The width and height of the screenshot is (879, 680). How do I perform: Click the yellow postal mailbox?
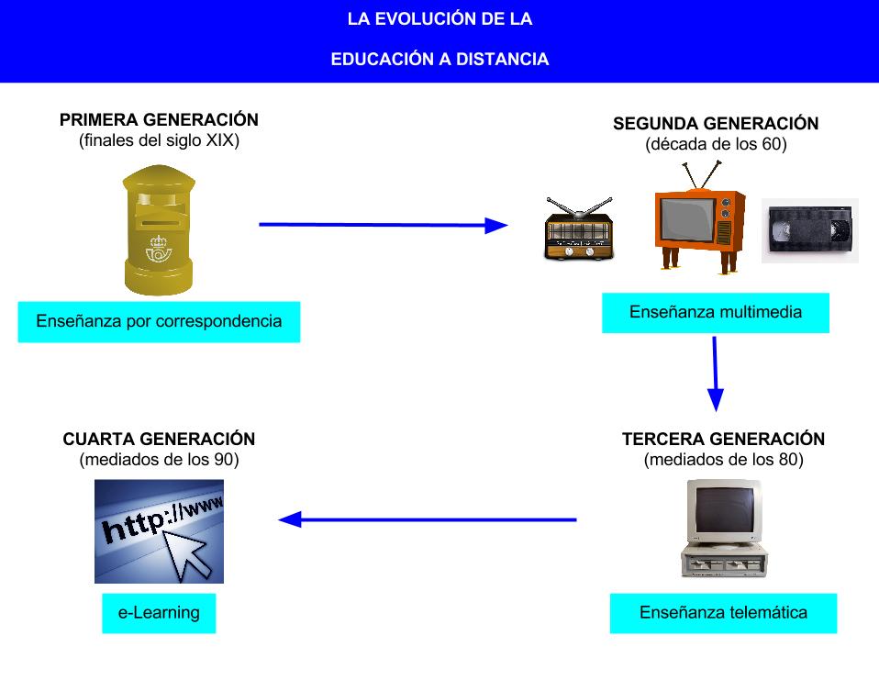[159, 231]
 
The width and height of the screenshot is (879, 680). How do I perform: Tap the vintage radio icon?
[578, 229]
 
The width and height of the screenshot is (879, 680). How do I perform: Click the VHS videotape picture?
[809, 230]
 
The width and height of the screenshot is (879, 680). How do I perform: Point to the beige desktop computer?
[723, 529]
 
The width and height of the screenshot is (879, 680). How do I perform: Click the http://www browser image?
[159, 531]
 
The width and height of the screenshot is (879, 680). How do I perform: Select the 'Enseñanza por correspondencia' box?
[159, 322]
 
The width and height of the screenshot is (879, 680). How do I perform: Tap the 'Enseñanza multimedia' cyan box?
[716, 313]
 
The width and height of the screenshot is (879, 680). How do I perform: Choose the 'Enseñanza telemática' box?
[723, 612]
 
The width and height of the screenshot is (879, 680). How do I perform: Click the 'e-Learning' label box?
[159, 612]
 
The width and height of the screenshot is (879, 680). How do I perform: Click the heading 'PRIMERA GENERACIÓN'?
[159, 120]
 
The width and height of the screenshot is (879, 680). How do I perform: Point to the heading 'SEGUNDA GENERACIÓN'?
[716, 124]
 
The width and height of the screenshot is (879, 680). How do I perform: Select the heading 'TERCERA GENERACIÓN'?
[723, 440]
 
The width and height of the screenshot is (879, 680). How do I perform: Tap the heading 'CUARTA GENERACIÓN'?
[159, 440]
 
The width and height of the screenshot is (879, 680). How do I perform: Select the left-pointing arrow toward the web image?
[428, 520]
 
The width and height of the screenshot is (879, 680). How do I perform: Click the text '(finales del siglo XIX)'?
[159, 140]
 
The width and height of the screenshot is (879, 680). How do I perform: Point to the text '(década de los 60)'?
[716, 144]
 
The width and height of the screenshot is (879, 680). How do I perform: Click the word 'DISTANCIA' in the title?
[499, 60]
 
